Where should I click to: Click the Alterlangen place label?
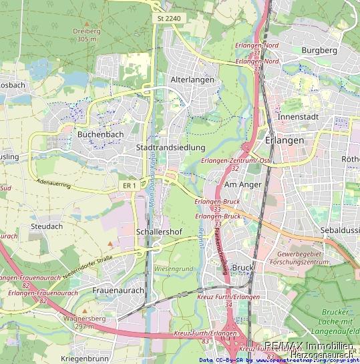(x=192, y=79)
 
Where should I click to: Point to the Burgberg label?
(x=319, y=50)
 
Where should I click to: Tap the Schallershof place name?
(x=156, y=231)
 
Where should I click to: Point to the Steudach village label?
(x=46, y=226)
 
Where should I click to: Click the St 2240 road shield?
(x=169, y=19)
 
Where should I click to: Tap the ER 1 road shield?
(x=130, y=185)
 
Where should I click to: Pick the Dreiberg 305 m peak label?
(x=87, y=35)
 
